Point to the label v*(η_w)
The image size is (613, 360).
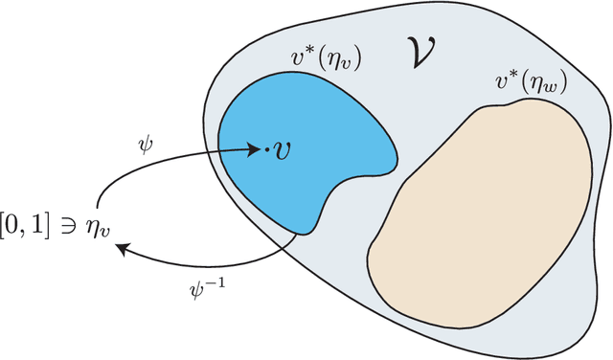pyautogui.click(x=532, y=84)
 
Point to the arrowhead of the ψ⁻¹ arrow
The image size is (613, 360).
pyautogui.click(x=121, y=250)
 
